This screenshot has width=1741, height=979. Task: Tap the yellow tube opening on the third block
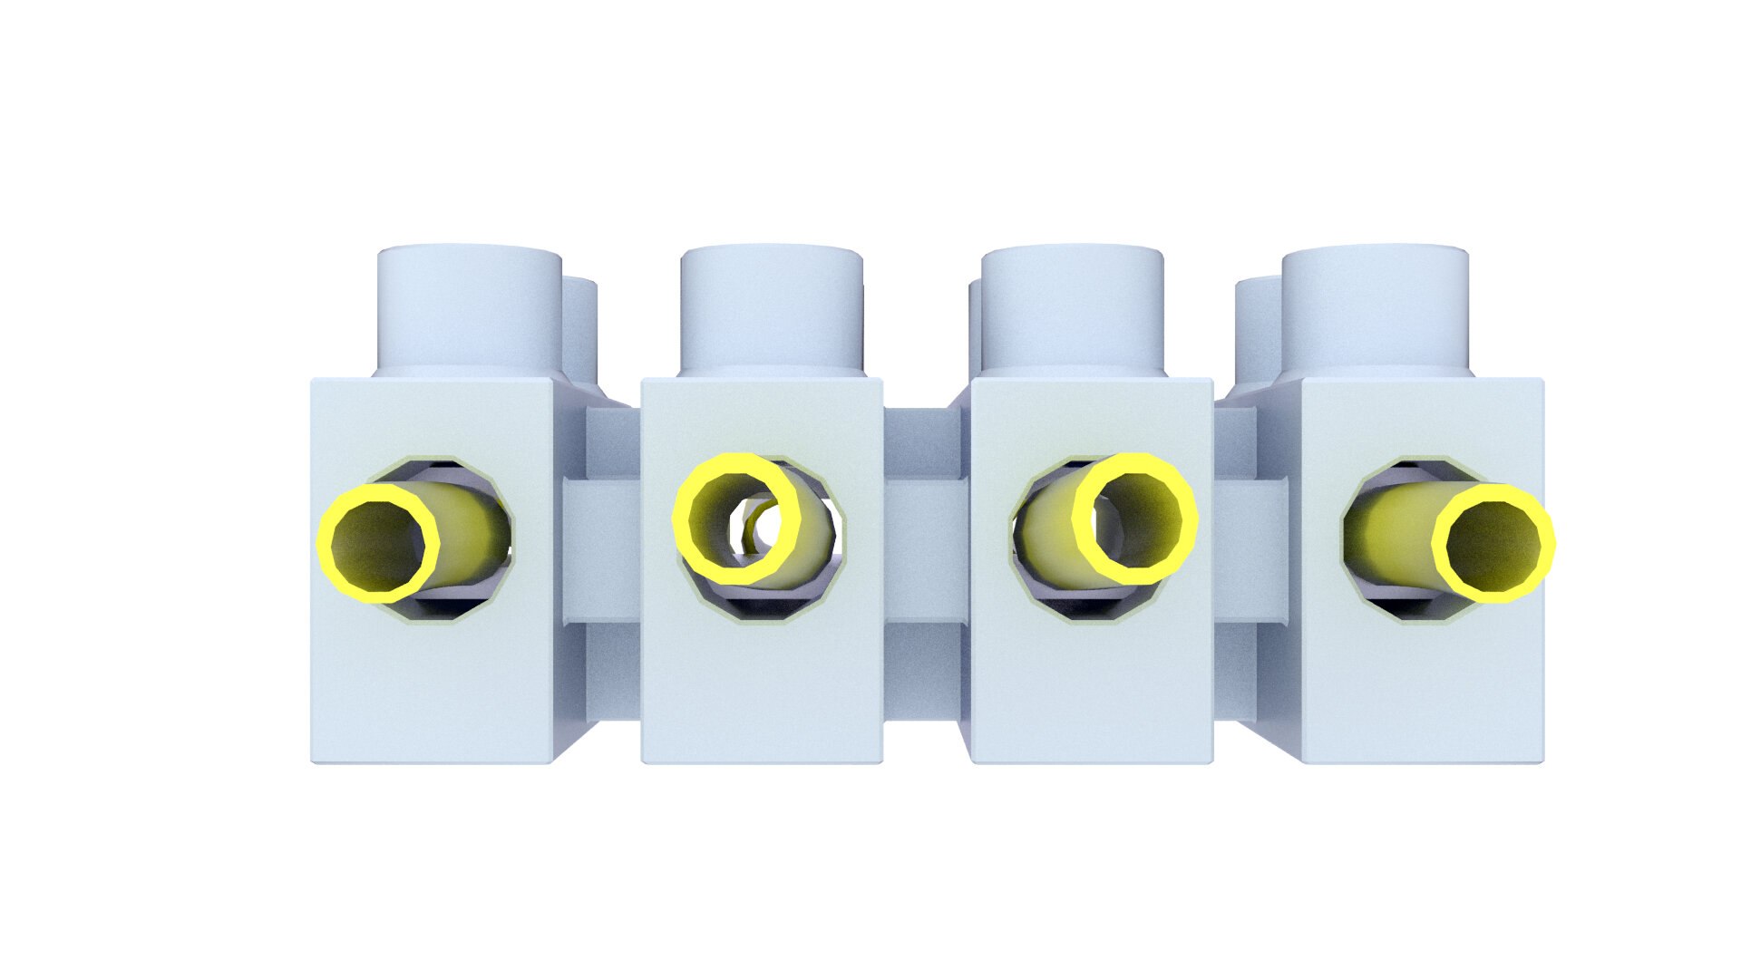[x=1135, y=519]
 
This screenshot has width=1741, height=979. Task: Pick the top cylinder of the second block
[x=771, y=308]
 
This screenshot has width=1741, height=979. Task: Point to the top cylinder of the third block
[x=1073, y=308]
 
